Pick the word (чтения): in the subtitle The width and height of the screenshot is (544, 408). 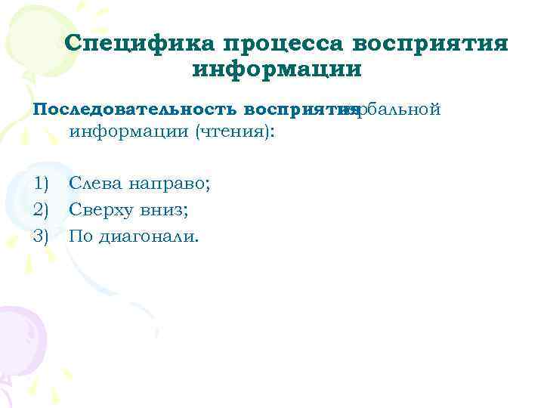235,132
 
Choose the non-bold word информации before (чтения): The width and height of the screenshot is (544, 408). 129,132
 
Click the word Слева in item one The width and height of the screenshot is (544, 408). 95,183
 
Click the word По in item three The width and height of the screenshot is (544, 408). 78,236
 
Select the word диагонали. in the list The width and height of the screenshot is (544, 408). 145,237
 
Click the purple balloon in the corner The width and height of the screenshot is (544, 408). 19,332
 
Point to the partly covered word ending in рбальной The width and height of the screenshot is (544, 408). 393,110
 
